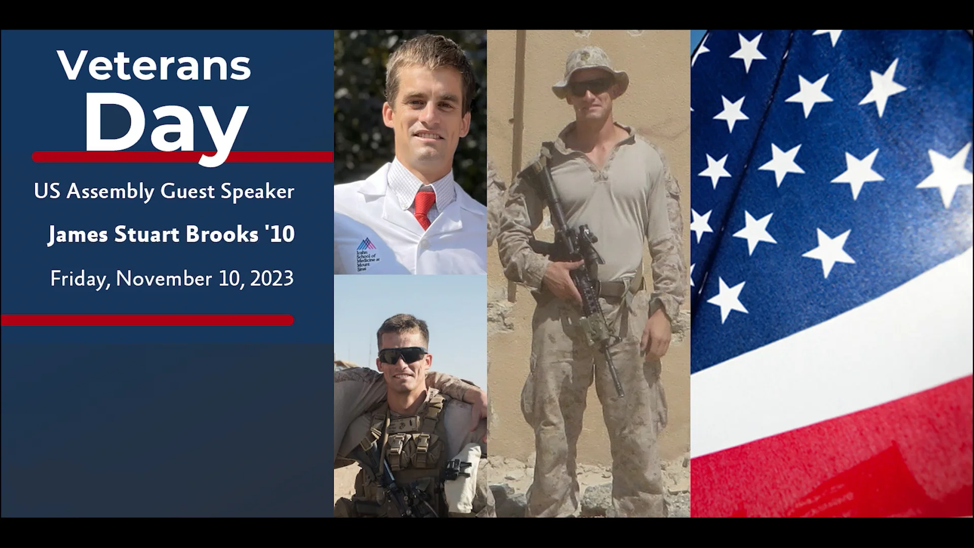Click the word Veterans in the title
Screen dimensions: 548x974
click(x=154, y=66)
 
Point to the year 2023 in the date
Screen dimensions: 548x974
click(x=271, y=279)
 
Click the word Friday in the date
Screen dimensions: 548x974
click(x=80, y=279)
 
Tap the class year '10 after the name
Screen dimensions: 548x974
click(x=280, y=234)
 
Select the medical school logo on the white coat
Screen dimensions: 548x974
click(x=364, y=245)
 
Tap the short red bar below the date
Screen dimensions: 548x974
click(x=147, y=320)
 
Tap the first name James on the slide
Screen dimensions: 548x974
click(x=78, y=234)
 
